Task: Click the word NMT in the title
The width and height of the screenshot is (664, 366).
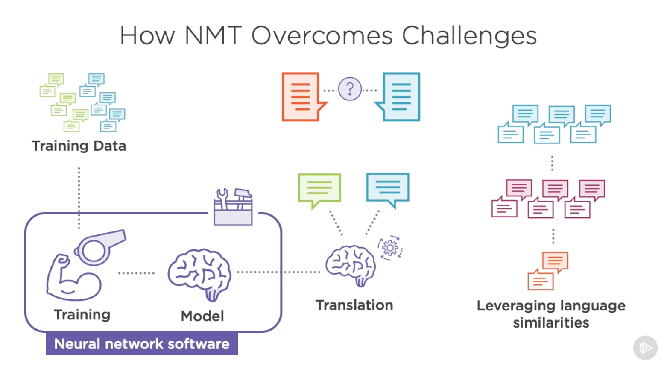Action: coord(213,35)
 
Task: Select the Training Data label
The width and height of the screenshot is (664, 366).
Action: coord(79,146)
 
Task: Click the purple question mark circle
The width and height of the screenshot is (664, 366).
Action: coord(350,89)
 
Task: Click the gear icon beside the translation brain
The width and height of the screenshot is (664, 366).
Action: coord(390,248)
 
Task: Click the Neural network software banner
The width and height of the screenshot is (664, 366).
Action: coord(142,344)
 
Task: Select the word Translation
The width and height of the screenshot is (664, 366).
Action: coord(354,305)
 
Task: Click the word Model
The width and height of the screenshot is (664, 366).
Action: coord(202,316)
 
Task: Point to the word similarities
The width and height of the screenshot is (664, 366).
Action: coord(551,323)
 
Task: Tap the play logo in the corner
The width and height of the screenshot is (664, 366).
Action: coord(645,348)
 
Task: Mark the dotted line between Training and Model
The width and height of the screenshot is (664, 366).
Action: coord(136,273)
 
